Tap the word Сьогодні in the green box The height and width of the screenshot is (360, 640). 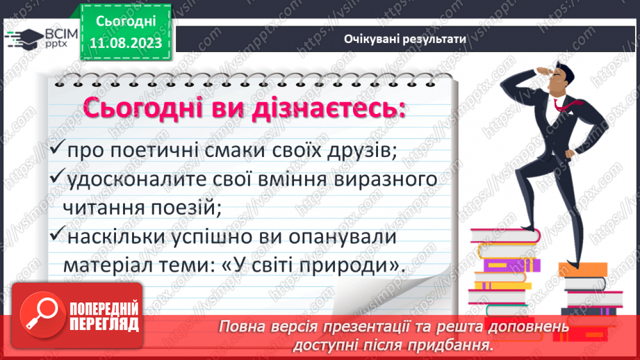[126, 23]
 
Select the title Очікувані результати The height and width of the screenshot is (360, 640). [404, 40]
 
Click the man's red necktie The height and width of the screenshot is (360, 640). [559, 104]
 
